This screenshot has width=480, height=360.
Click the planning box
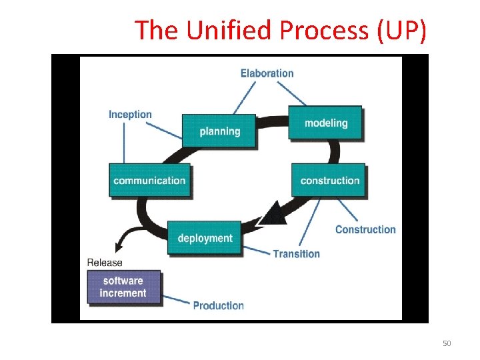[219, 131]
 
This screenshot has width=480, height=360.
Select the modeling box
[325, 123]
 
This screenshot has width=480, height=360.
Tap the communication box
[149, 180]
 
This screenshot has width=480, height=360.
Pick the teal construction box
[329, 180]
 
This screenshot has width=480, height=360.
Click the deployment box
[205, 238]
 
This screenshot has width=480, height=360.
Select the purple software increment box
[123, 287]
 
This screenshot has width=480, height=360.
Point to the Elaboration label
[267, 73]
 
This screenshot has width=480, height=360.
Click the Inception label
[130, 114]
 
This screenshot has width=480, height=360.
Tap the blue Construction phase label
[365, 229]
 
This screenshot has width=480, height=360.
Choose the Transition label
[296, 253]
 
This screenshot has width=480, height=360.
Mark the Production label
[218, 305]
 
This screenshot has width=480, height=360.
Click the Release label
[105, 263]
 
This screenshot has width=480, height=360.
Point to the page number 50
[447, 343]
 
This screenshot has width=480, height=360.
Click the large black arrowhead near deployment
[271, 214]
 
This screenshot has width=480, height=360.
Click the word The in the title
[153, 30]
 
